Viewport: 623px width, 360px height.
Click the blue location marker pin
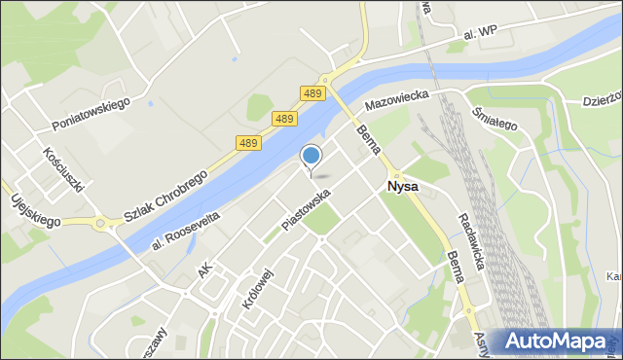tap(311, 156)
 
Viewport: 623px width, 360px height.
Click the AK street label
tap(204, 270)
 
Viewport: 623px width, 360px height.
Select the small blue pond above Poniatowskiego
tap(149, 101)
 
